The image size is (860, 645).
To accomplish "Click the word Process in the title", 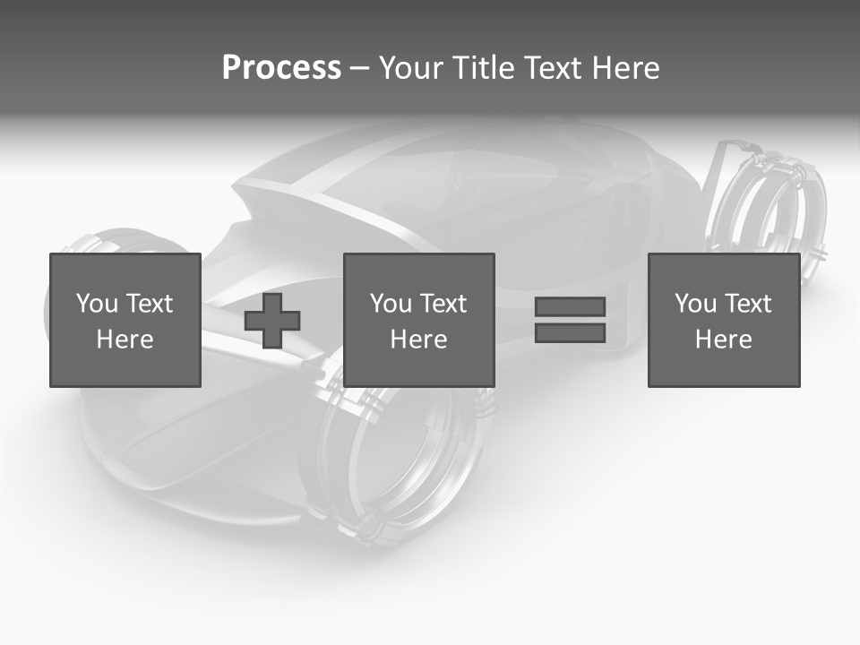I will tap(281, 68).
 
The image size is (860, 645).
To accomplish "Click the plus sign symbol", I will tap(272, 320).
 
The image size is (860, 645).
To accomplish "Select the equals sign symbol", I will tap(570, 320).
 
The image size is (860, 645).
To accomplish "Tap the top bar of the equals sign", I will tap(570, 306).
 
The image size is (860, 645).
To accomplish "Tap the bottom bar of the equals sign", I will tap(570, 333).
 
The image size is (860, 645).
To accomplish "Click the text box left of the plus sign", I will tap(125, 320).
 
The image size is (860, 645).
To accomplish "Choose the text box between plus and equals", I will tap(418, 320).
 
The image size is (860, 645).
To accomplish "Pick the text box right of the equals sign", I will tap(723, 320).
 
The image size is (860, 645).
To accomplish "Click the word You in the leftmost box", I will tap(97, 304).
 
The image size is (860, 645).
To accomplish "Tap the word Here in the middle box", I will tap(418, 340).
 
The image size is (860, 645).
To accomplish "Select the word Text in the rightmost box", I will tap(747, 304).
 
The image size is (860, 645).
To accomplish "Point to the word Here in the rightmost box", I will tap(723, 340).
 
